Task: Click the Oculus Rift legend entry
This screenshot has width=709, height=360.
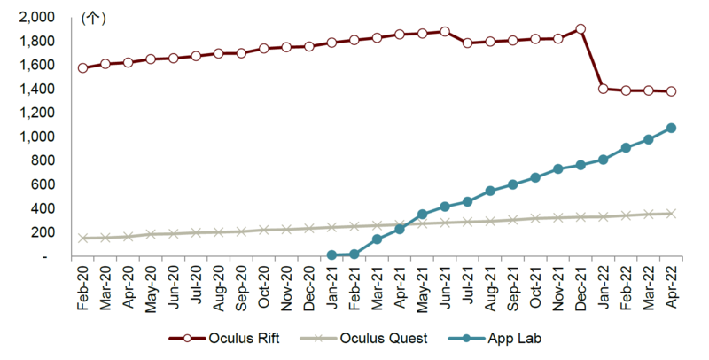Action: click(227, 339)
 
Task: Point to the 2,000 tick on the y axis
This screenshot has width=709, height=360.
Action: click(35, 17)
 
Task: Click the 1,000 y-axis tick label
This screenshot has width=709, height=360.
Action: click(35, 137)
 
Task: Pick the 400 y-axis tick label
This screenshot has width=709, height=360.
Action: click(42, 208)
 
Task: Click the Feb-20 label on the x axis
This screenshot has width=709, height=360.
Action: click(82, 289)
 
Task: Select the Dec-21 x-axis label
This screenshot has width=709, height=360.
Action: click(580, 289)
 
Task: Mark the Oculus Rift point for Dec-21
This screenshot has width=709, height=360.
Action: click(580, 28)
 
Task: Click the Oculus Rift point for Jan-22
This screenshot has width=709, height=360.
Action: click(604, 89)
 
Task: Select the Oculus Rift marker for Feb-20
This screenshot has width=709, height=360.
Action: click(82, 67)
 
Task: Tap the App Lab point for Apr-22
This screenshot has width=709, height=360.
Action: click(671, 128)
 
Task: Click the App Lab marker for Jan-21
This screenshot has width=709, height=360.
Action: click(331, 255)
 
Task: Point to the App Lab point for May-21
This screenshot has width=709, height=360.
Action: click(422, 215)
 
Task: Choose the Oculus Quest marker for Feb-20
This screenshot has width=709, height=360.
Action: click(82, 238)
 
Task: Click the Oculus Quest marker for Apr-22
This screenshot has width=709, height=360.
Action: click(671, 214)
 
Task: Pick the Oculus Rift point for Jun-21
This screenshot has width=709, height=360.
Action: click(445, 31)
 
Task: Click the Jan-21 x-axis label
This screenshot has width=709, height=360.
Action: click(331, 289)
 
